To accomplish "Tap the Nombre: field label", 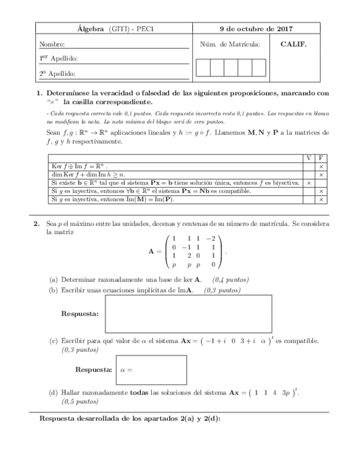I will (52, 44).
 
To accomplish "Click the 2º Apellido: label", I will (57, 73).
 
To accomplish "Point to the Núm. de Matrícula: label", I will (230, 44).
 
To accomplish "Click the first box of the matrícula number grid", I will (203, 67).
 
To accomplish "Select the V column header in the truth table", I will (309, 158).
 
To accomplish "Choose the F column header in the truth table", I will (320, 158).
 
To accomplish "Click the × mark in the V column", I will (309, 182).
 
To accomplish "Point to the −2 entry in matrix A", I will (209, 238).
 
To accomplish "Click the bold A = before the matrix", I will (154, 251).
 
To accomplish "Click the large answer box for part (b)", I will (188, 314).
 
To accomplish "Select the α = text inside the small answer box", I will (126, 370).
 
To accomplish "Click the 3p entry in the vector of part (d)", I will (285, 393).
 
